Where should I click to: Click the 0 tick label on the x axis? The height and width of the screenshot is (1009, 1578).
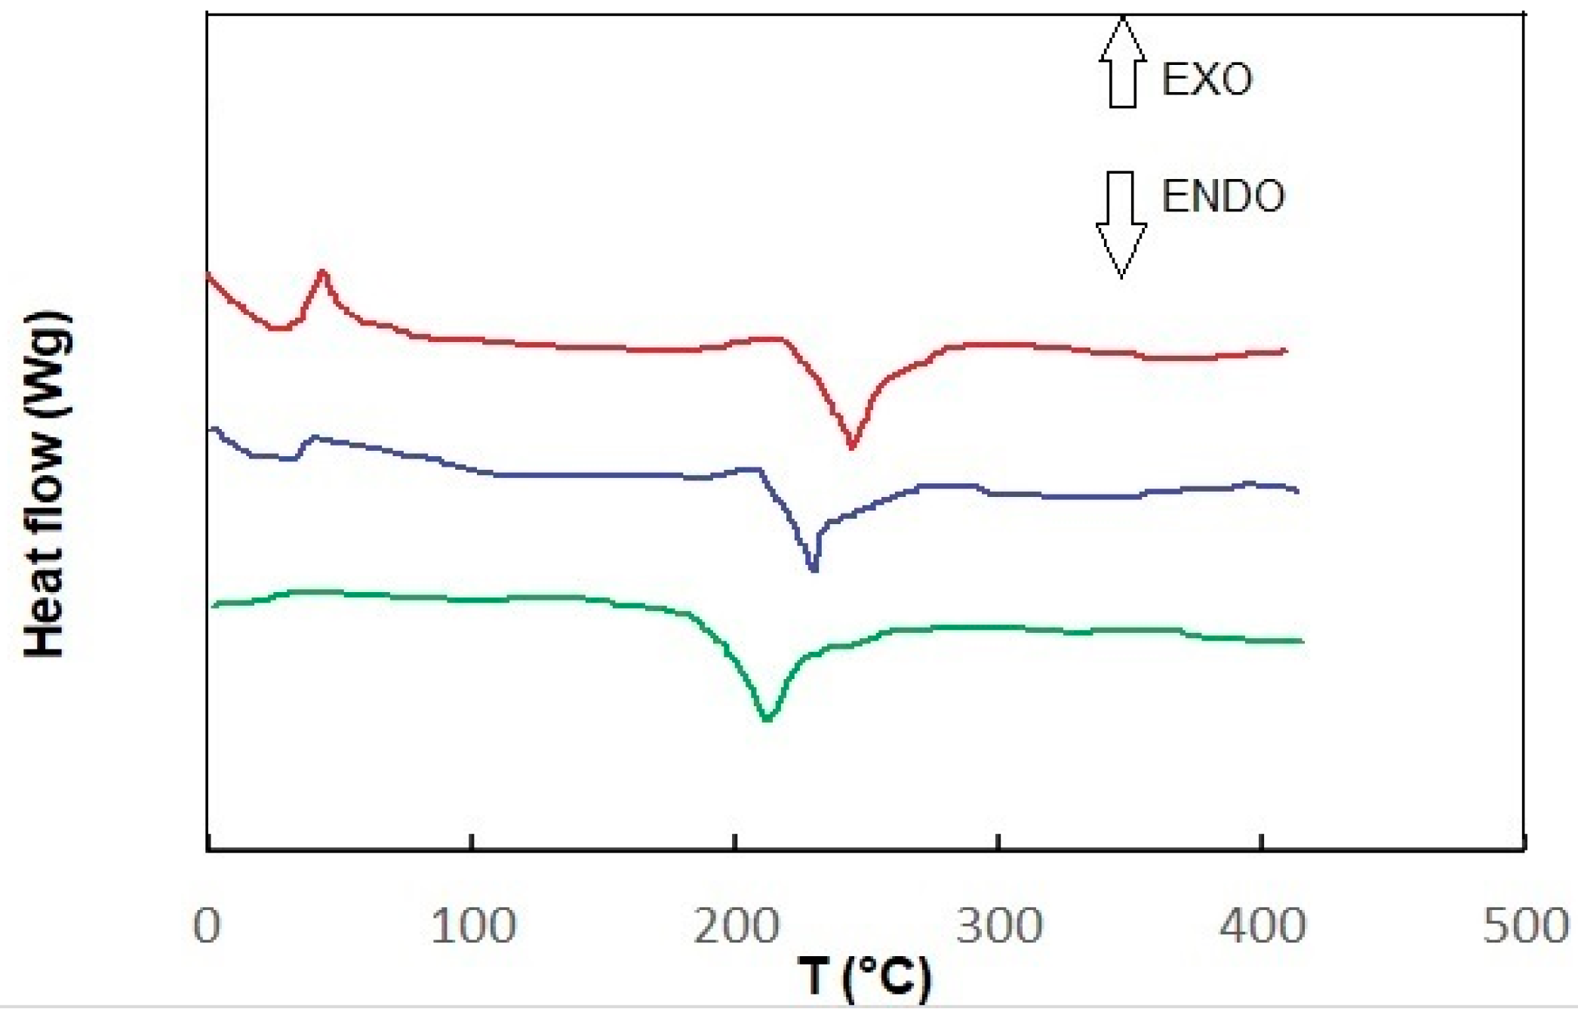207,926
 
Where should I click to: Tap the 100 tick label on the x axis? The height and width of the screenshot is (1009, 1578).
472,926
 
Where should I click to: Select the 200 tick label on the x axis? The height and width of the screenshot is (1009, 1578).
736,926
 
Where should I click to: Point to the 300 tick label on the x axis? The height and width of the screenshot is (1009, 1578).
999,926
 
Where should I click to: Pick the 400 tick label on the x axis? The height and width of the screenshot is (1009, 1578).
1263,926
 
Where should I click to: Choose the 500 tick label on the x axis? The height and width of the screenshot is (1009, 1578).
1525,926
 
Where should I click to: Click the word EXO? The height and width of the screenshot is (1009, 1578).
1207,79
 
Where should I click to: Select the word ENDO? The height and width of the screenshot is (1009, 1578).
1223,196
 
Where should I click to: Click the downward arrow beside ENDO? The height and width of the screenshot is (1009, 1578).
1121,224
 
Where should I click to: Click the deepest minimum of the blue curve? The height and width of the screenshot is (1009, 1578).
813,569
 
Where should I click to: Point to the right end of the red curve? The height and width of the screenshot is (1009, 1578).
1285,350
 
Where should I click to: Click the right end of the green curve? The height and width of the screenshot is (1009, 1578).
1303,641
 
